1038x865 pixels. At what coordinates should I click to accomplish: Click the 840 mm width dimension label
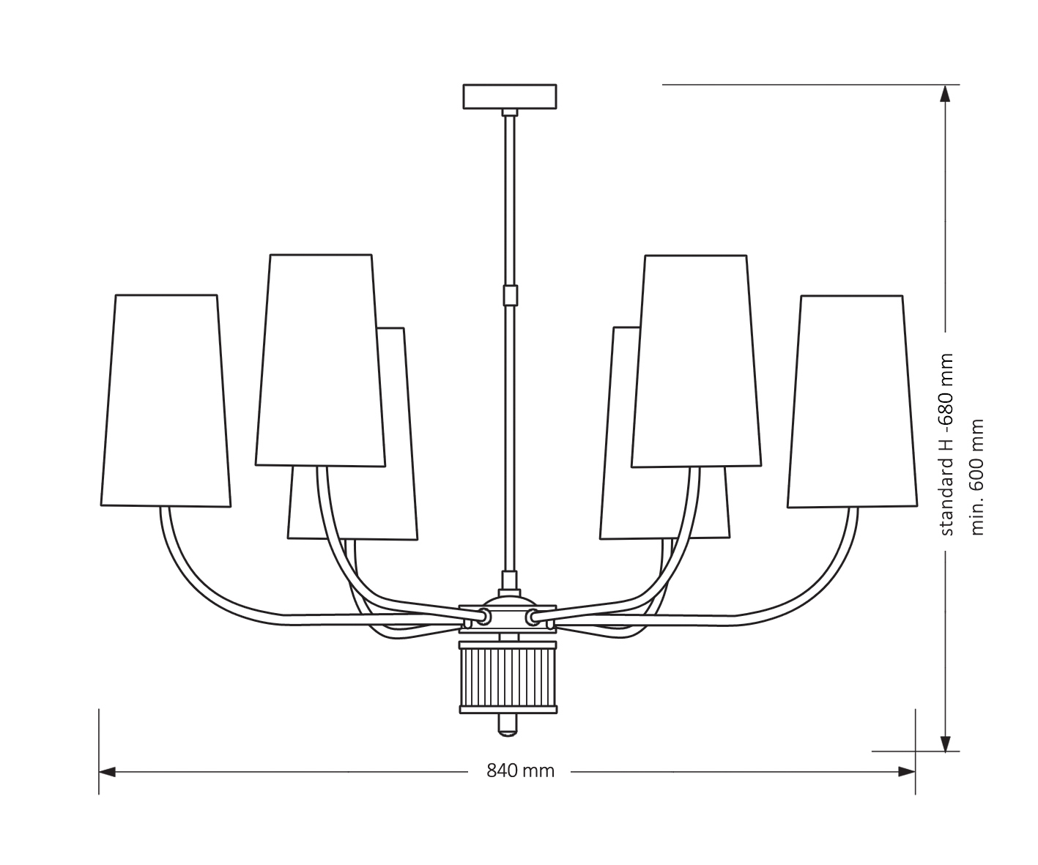[521, 771]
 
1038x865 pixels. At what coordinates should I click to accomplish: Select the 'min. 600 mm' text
[977, 477]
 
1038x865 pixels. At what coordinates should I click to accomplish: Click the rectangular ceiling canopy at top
[510, 96]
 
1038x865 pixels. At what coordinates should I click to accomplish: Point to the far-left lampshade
[166, 401]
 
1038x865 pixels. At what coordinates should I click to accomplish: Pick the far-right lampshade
[852, 401]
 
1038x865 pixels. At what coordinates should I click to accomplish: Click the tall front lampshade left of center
[320, 360]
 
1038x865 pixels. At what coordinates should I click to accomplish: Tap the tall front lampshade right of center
[697, 360]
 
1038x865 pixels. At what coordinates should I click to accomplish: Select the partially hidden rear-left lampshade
[396, 505]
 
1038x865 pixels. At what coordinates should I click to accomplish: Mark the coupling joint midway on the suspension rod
[510, 295]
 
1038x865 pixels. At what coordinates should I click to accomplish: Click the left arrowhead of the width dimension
[107, 771]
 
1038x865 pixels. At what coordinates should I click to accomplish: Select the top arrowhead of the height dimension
[946, 94]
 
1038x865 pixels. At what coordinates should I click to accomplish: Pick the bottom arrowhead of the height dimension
[946, 743]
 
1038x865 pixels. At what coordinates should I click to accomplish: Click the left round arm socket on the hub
[483, 617]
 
